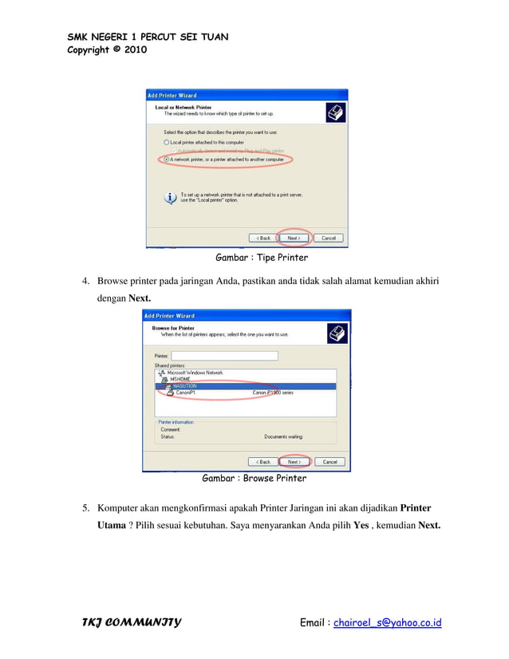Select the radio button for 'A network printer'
coord(167,160)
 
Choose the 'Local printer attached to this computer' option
coord(167,142)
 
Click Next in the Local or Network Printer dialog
coord(293,238)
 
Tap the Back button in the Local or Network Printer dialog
coord(262,238)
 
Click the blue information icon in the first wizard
coord(170,197)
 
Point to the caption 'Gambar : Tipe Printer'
coord(262,258)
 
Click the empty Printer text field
coord(224,356)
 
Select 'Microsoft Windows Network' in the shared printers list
coord(195,373)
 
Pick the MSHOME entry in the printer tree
coord(180,379)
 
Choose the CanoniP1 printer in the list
coord(186,393)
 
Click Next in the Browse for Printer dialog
coord(293,461)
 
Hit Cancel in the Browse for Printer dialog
coord(328,461)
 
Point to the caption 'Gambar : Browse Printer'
coord(254,479)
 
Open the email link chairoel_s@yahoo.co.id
coord(387,623)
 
